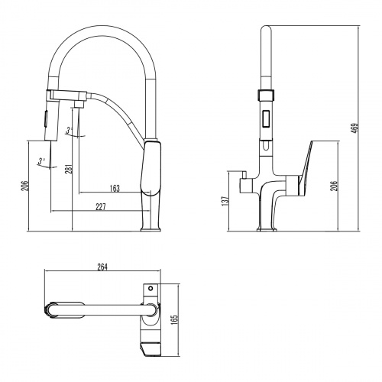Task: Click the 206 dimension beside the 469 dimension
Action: point(333,188)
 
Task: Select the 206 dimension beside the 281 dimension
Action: point(23,186)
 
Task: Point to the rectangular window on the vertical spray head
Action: point(264,119)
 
